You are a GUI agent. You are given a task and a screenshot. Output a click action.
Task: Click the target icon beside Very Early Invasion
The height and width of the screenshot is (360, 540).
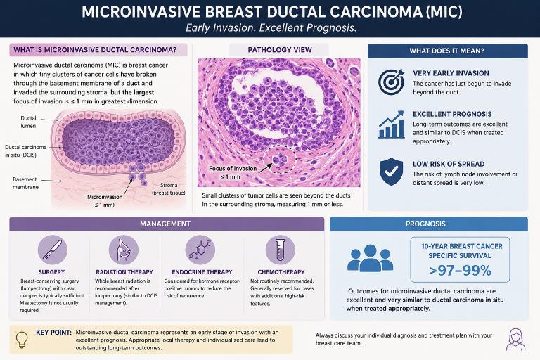point(391,82)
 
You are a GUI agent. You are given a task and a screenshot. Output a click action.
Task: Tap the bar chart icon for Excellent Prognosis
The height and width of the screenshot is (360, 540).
point(391,124)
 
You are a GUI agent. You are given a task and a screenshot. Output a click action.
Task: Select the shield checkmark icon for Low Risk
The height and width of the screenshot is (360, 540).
point(391,172)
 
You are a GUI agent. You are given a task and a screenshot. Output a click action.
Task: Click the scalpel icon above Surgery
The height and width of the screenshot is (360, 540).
point(52,250)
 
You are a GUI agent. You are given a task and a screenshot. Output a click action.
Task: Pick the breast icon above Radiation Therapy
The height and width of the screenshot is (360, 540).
point(124,250)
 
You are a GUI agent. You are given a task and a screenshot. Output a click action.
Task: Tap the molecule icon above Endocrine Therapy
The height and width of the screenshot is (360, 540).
point(200,250)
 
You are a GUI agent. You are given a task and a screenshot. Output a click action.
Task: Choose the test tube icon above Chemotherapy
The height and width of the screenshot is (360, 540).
point(281,250)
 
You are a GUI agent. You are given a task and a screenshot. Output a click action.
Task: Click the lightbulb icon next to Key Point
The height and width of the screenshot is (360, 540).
point(22,339)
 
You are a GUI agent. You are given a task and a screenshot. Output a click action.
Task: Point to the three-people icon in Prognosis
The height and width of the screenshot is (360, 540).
point(371,258)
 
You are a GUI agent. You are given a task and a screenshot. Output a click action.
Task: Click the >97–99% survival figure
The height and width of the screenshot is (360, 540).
point(460,271)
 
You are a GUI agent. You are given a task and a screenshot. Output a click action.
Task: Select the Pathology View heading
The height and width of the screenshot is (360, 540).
point(280,50)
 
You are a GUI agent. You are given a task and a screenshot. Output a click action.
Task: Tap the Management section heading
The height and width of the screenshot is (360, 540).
point(165,224)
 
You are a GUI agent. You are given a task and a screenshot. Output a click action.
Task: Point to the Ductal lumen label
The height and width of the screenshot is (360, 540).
point(28,122)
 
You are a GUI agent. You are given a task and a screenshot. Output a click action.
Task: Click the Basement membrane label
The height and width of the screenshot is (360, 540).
point(25,184)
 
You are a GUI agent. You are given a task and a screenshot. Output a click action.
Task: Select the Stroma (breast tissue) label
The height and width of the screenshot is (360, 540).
point(169,188)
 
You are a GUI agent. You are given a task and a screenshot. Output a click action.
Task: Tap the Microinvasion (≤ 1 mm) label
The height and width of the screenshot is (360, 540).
point(104,201)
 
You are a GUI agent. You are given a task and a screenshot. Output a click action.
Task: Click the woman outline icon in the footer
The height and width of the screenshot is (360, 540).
point(515,340)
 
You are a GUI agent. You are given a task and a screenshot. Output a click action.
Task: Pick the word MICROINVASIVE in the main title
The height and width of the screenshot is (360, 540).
point(139,12)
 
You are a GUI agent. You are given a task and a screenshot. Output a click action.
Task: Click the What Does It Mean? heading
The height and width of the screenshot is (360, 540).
point(446,51)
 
